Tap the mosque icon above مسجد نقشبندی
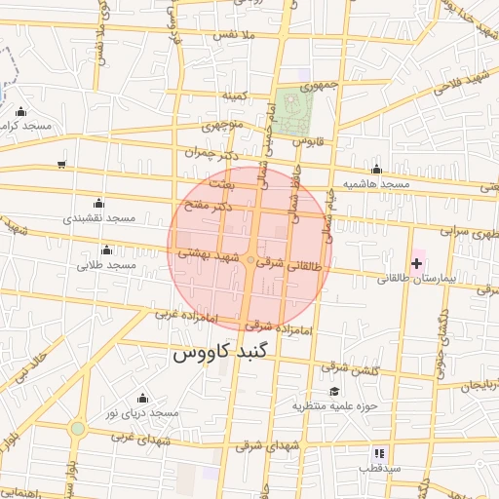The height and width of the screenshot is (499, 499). [97, 203]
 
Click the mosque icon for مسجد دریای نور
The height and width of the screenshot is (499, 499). [142, 398]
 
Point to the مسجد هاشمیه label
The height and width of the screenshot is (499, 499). [376, 184]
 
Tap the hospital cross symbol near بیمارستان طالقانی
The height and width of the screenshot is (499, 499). [417, 263]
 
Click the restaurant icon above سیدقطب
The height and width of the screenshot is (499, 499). [378, 453]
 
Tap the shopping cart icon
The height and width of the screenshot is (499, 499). [62, 165]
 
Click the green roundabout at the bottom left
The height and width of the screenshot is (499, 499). [77, 428]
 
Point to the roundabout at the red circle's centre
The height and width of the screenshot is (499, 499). [250, 260]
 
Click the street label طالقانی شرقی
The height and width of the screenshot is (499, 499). [287, 264]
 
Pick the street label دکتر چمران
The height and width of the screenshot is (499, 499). [211, 154]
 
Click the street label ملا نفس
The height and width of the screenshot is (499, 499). [234, 36]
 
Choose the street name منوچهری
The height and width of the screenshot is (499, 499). [226, 126]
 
